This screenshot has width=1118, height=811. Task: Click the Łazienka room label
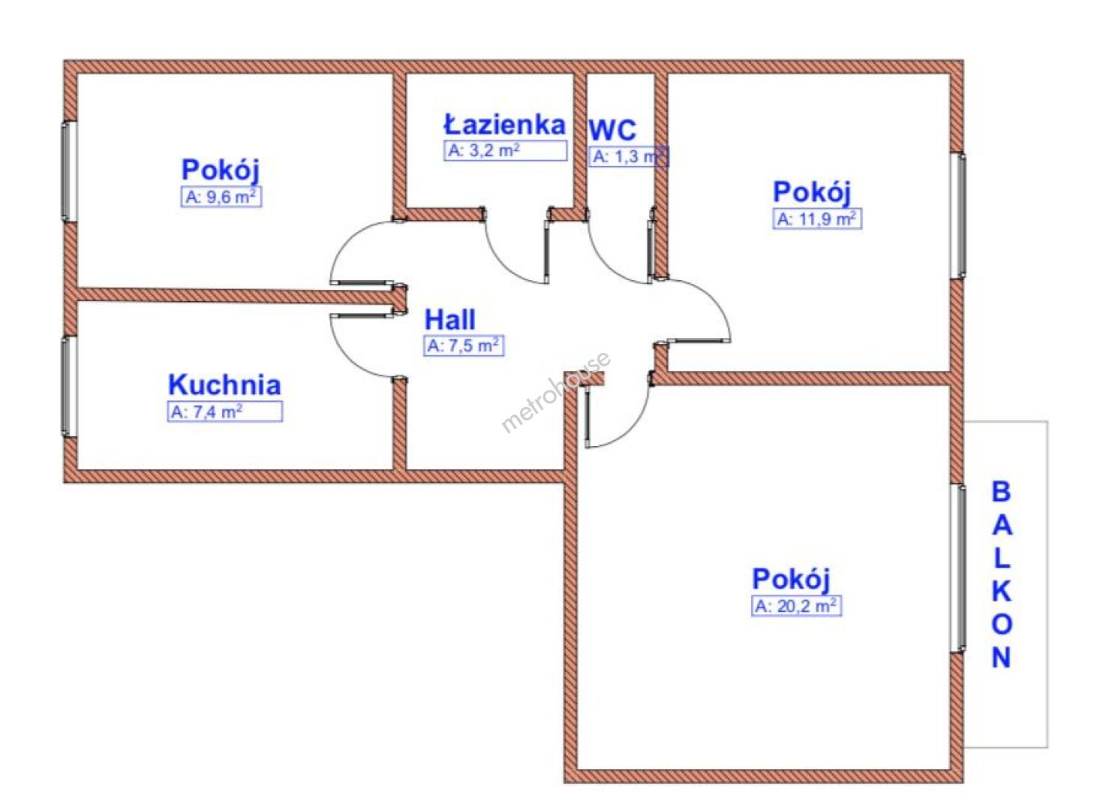click(x=504, y=124)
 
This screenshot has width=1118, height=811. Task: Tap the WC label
click(x=612, y=130)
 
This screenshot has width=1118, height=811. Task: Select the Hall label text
click(x=450, y=320)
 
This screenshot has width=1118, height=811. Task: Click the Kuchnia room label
click(x=224, y=384)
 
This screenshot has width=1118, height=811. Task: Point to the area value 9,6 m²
click(x=222, y=197)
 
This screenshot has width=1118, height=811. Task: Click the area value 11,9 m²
click(x=817, y=219)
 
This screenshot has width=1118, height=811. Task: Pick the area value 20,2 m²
click(x=796, y=606)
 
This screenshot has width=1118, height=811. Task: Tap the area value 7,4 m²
click(x=224, y=412)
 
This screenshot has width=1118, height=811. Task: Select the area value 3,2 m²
click(x=504, y=150)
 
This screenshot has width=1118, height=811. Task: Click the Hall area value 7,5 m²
click(x=463, y=346)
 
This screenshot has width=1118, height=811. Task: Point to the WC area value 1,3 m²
click(x=628, y=157)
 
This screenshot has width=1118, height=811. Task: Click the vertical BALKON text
click(x=1002, y=574)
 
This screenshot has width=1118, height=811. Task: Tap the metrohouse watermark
click(x=556, y=393)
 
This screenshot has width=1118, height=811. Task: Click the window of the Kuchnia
click(x=69, y=386)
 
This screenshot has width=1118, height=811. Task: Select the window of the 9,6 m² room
click(x=69, y=171)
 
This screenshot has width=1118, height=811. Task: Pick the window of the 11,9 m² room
click(x=958, y=216)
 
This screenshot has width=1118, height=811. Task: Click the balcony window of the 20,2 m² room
click(x=958, y=568)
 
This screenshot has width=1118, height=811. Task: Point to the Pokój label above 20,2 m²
click(x=791, y=580)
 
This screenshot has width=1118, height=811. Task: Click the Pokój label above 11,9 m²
click(x=812, y=192)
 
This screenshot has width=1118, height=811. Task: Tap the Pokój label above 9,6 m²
click(x=221, y=170)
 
